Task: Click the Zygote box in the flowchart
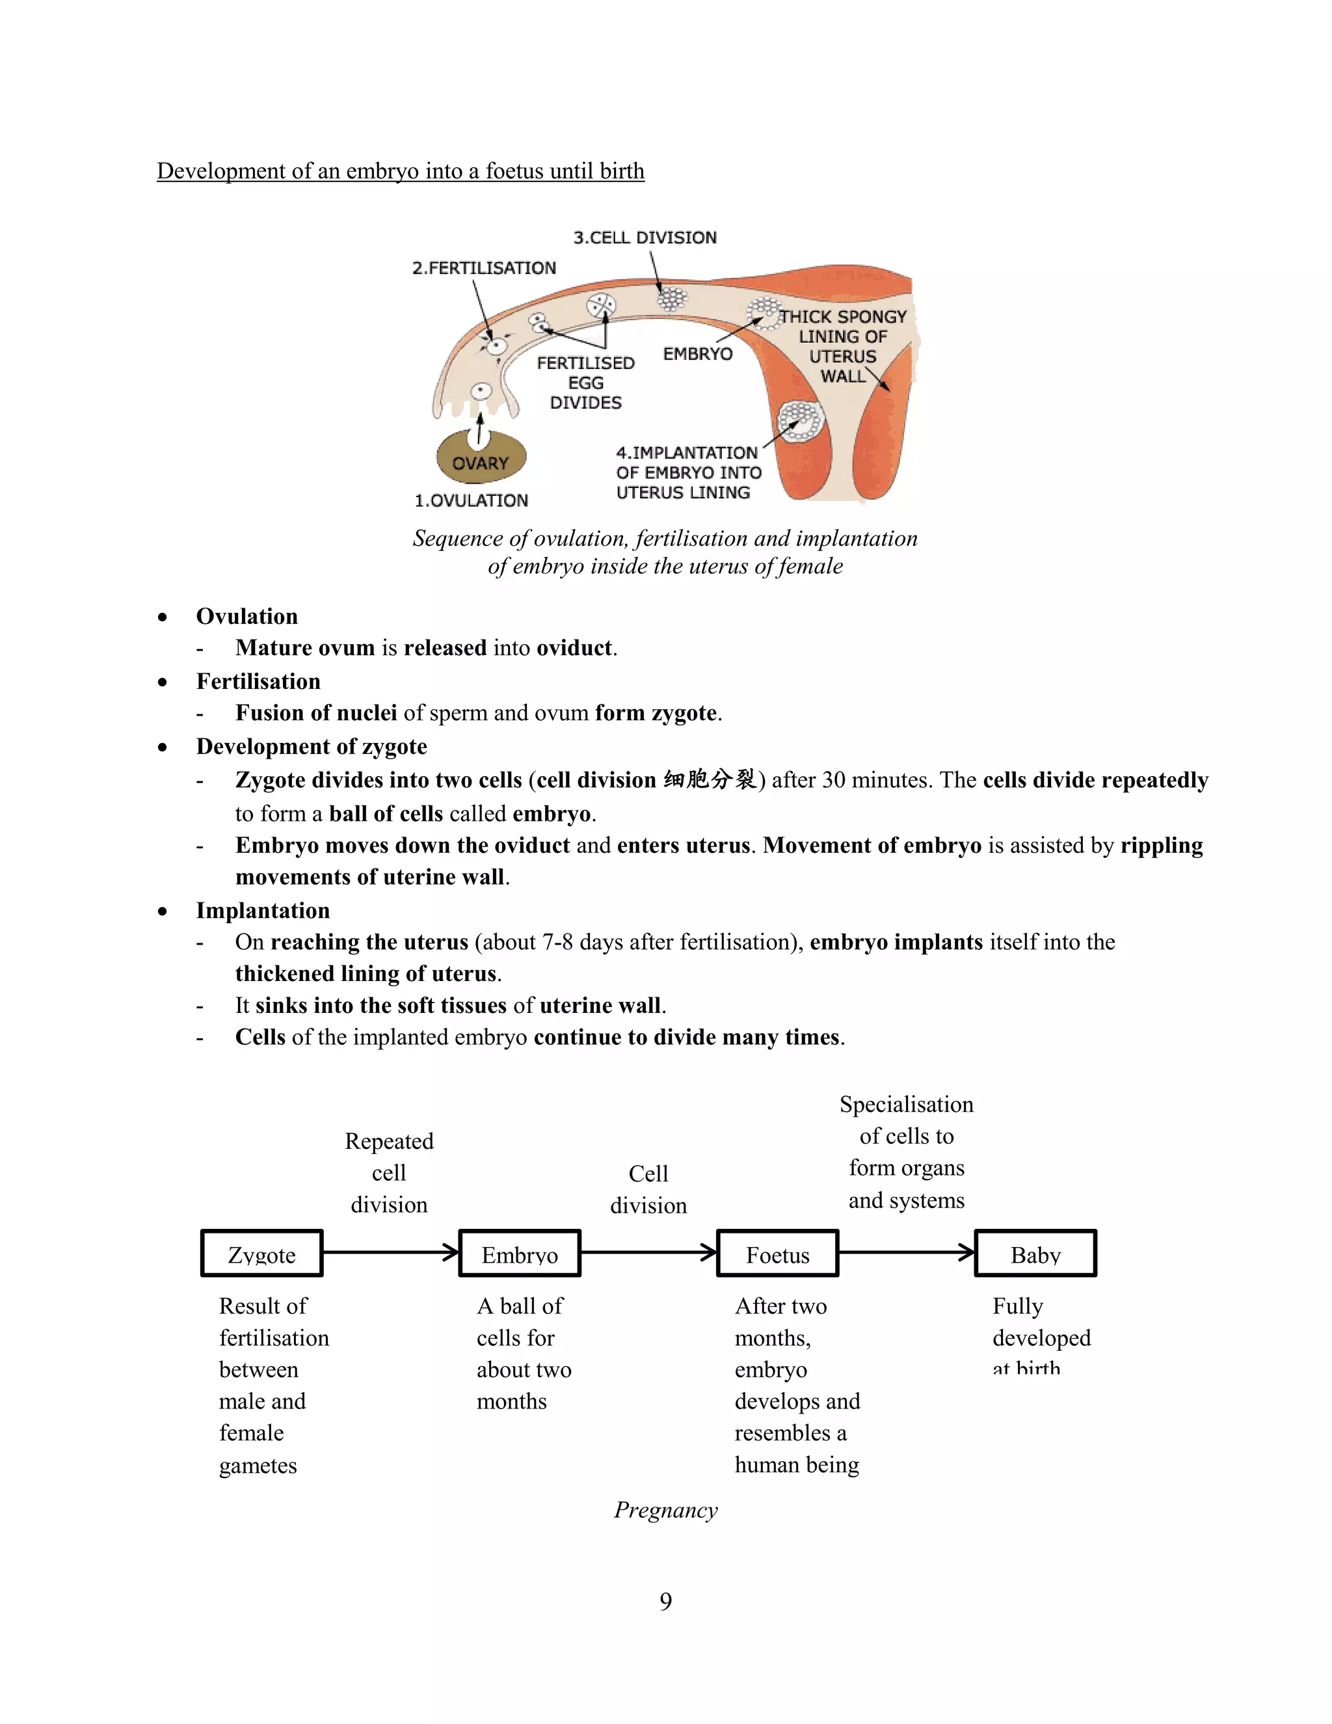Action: point(261,1254)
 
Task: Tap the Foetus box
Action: point(777,1254)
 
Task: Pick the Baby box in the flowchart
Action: point(1035,1254)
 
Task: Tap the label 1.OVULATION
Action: point(471,500)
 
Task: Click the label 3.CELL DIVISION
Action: point(645,237)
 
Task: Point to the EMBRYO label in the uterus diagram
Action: point(698,355)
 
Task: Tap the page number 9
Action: point(665,1601)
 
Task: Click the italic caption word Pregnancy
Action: point(665,1509)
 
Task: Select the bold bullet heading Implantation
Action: point(263,910)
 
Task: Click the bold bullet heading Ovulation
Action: point(247,617)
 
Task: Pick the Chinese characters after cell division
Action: point(710,780)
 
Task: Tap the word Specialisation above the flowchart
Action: point(906,1105)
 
